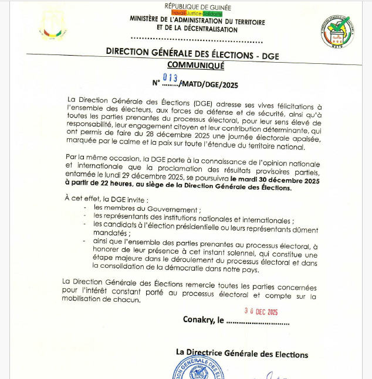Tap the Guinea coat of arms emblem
[53, 26]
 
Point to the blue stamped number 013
[170, 77]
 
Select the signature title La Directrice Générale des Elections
[242, 354]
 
